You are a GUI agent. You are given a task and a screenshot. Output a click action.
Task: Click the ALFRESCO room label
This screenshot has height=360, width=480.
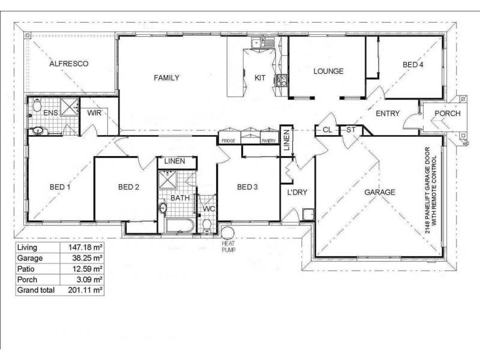(x=69, y=63)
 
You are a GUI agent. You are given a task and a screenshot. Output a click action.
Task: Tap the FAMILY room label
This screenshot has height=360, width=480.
(x=166, y=78)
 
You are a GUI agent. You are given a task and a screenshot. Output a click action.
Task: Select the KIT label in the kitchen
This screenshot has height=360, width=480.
(x=260, y=78)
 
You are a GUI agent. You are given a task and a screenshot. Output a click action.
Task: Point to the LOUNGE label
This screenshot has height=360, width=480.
(x=328, y=71)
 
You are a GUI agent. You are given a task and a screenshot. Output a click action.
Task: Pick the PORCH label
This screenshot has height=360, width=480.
(x=448, y=114)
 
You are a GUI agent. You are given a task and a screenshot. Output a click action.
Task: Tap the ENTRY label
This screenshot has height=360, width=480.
(x=388, y=113)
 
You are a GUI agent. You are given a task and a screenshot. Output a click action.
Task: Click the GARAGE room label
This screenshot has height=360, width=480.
(x=380, y=193)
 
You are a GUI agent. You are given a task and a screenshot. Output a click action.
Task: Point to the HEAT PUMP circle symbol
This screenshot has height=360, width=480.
(x=227, y=233)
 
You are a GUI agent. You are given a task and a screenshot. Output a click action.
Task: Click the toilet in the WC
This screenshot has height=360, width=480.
(x=208, y=225)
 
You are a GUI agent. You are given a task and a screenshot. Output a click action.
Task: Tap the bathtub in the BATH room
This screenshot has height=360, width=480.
(x=178, y=226)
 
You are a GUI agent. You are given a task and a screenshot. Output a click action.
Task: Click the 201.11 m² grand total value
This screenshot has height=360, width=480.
(x=83, y=290)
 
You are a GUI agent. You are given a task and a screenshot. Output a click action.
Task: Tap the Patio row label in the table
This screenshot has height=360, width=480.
(x=27, y=269)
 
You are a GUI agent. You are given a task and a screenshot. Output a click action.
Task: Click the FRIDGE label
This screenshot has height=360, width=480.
(x=228, y=140)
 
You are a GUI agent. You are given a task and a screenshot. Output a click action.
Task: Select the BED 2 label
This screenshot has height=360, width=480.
(x=128, y=187)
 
